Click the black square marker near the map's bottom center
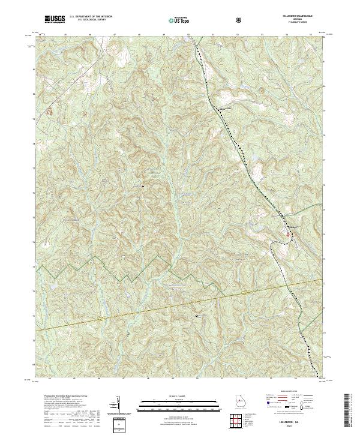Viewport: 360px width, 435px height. coord(196,314)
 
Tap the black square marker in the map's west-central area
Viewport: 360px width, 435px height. coord(143,187)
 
